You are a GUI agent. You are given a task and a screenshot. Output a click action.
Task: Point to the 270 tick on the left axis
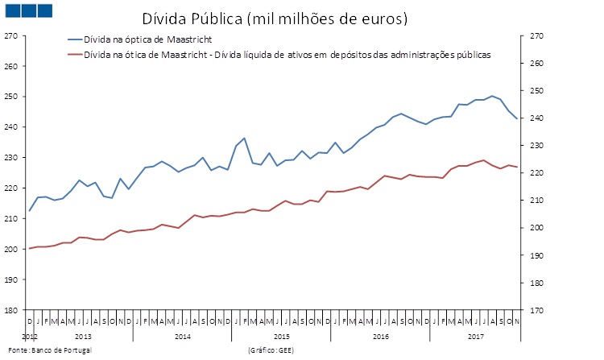coord(10,36)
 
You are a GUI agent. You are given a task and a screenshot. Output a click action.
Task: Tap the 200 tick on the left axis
coord(10,249)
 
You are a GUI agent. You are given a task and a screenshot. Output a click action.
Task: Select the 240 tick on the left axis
coord(10,127)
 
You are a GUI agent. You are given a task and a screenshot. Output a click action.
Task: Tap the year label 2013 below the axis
coord(83,335)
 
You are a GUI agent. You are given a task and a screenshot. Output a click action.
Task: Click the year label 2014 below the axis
coord(183,335)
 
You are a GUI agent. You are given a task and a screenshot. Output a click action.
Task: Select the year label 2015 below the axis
coord(282,335)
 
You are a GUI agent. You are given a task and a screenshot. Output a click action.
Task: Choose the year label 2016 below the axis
coord(381,335)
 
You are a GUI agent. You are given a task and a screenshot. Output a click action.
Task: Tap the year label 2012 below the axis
coord(30,335)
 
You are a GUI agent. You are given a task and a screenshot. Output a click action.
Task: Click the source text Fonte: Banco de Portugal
coord(48,350)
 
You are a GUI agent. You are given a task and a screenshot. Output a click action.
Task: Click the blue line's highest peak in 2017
coord(492,96)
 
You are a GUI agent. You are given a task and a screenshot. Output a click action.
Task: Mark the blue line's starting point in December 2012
coord(30,211)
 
